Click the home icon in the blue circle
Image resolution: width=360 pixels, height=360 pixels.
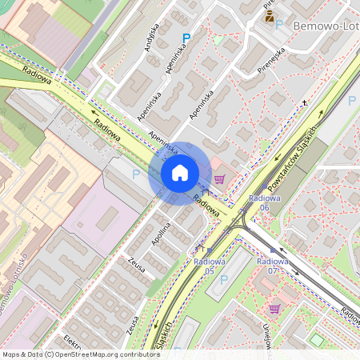[x=180, y=172]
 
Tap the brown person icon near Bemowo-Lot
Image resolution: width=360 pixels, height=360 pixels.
[x=270, y=14]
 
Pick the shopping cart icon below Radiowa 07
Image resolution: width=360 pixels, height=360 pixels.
[x=274, y=308]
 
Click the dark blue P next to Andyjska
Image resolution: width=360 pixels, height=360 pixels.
[x=186, y=38]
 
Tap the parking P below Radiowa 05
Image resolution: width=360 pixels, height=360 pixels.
[x=224, y=280]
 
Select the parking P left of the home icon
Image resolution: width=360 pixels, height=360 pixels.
[x=136, y=174]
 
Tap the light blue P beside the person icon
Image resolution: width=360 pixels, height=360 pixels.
[x=280, y=25]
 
